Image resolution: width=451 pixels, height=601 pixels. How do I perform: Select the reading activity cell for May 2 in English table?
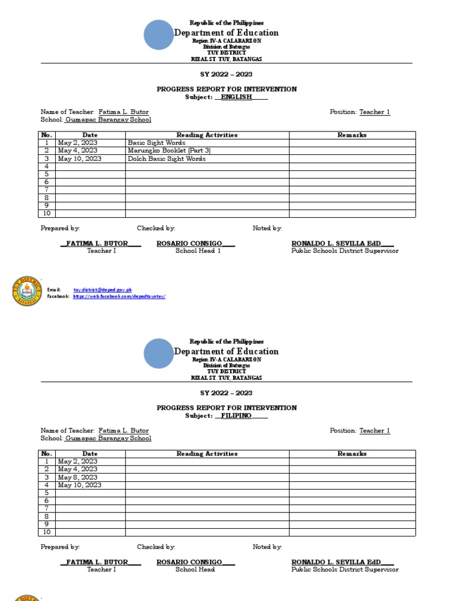[x=156, y=143]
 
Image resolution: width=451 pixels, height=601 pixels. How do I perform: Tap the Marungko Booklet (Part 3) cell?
[x=169, y=151]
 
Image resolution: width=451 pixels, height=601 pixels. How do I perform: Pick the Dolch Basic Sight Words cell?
[x=167, y=159]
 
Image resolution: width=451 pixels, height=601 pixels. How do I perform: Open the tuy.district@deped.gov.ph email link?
[x=102, y=290]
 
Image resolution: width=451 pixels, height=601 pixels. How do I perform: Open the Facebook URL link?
[x=119, y=297]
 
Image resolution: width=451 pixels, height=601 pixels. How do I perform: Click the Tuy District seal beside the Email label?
[x=27, y=291]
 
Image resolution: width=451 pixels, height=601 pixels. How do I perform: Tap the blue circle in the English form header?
[x=159, y=35]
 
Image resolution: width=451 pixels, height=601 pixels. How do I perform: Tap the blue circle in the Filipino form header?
[x=159, y=353]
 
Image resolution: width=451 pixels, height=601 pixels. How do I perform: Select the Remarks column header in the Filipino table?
[x=352, y=454]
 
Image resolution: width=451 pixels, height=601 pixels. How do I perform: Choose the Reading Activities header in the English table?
[x=207, y=135]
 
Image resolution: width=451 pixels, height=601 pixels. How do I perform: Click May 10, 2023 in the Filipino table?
[x=79, y=485]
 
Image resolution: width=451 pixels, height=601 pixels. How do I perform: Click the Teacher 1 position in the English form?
[x=375, y=112]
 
